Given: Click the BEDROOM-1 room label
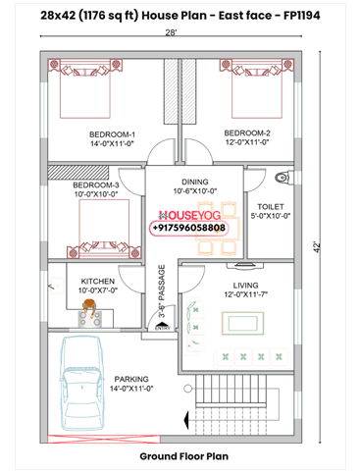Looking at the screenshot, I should click(113, 133).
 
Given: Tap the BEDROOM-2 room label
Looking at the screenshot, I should click(246, 132).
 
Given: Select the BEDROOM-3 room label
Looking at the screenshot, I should click(96, 184).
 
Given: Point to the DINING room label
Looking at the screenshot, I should click(194, 181).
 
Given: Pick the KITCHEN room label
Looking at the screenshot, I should click(97, 281).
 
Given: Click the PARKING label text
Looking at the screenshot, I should click(131, 377).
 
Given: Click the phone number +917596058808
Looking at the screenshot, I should click(188, 228).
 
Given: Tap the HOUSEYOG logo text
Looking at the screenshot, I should click(188, 213).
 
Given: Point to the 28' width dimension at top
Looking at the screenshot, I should click(171, 33).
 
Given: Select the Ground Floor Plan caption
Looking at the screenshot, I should click(183, 456).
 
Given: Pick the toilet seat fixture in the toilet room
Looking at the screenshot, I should click(283, 178).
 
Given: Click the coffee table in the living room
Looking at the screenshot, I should click(239, 322).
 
